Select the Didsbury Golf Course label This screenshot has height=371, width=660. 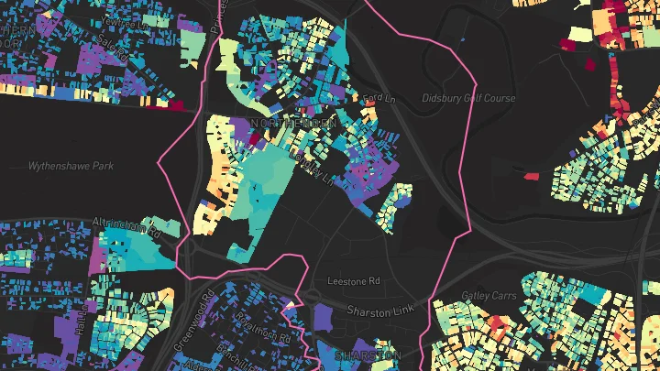pos(467,98)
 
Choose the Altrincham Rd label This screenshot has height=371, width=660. pos(126,226)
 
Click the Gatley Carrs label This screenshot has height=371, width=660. pos(489,295)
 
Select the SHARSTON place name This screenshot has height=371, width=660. pos(368,355)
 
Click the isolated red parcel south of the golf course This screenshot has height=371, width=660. pos(531,175)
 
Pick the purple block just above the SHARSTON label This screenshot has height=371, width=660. pos(323,319)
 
